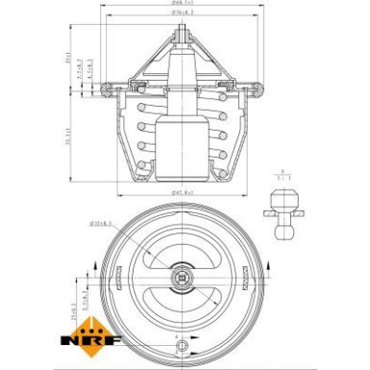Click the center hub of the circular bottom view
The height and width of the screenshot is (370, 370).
180,280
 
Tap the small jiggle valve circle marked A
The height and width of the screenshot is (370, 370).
180,348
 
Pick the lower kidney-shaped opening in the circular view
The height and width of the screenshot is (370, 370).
180,312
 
